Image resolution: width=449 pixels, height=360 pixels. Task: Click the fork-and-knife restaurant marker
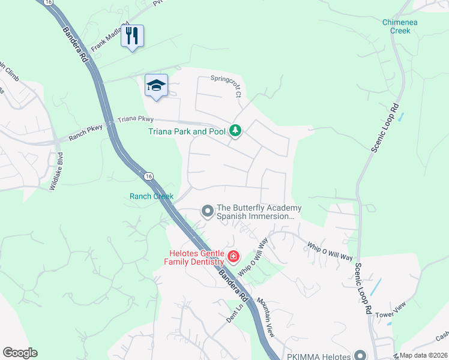pyautogui.click(x=132, y=36)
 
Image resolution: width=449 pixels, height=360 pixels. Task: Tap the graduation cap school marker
pyautogui.click(x=156, y=85)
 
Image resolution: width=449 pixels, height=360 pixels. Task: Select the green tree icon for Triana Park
pyautogui.click(x=235, y=131)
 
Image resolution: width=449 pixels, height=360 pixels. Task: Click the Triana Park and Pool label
pyautogui.click(x=187, y=131)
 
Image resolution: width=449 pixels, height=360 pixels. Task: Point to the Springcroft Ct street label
pyautogui.click(x=226, y=86)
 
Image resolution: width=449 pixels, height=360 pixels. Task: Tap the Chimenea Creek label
pyautogui.click(x=400, y=26)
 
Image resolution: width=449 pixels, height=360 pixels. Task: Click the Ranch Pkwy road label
pyautogui.click(x=86, y=131)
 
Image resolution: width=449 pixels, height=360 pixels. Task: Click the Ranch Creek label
pyautogui.click(x=151, y=196)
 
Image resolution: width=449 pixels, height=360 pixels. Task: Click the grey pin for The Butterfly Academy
pyautogui.click(x=207, y=211)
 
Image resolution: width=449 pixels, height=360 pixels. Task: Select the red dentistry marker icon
pyautogui.click(x=233, y=258)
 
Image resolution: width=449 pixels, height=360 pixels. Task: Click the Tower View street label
pyautogui.click(x=390, y=311)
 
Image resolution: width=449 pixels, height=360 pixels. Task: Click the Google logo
pyautogui.click(x=20, y=353)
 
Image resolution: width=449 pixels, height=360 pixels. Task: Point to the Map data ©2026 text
pyautogui.click(x=423, y=355)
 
